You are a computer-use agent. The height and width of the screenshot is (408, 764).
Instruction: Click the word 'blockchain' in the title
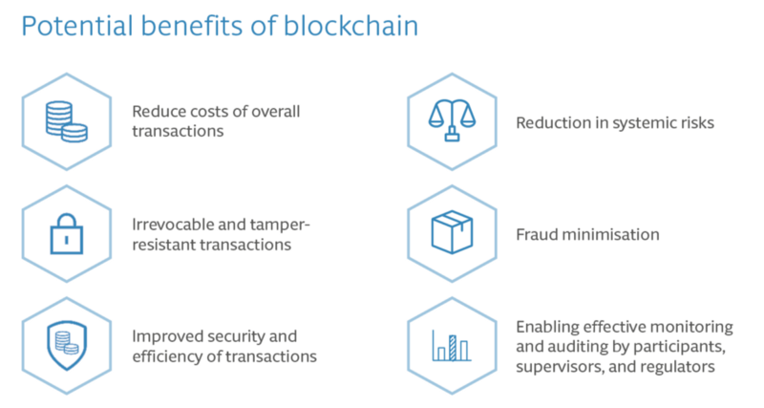coord(350,26)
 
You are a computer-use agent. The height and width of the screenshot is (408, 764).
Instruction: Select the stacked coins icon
coord(67,122)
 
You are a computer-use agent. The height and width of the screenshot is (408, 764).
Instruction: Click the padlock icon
coord(67,234)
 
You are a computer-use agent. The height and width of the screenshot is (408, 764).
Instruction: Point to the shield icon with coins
coord(67,346)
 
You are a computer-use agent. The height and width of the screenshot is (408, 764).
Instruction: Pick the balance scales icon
coord(452,120)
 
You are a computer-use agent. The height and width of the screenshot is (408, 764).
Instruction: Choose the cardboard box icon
coord(452,232)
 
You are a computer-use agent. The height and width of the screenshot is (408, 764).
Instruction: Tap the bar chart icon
coord(452,345)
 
